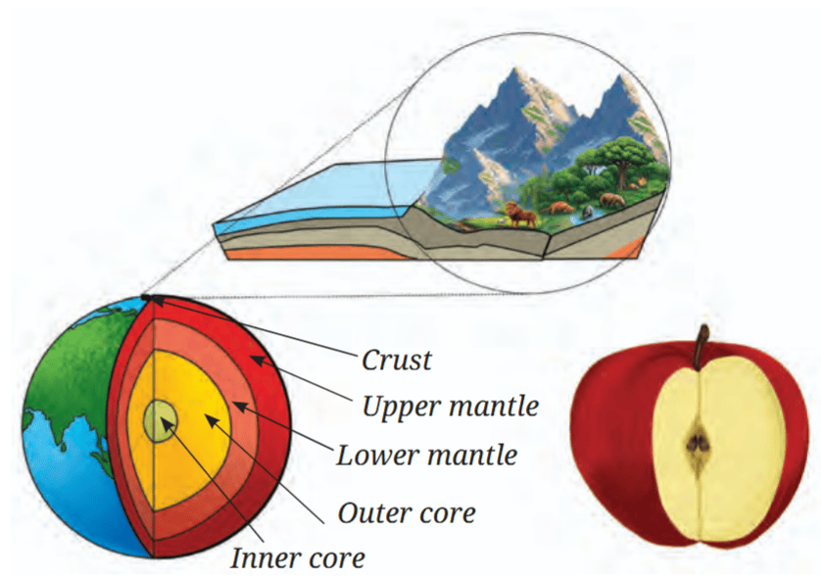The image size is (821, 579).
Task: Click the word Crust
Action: (397, 361)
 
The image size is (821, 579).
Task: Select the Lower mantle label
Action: (427, 455)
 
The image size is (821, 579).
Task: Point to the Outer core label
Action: (407, 512)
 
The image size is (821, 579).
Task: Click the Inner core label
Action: (298, 557)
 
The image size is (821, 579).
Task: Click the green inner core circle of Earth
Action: (161, 421)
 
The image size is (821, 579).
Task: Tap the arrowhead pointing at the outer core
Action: (210, 420)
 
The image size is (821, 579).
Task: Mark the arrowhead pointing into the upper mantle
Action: (258, 360)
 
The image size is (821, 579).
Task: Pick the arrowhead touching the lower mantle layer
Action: (238, 406)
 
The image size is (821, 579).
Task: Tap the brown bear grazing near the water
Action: (612, 200)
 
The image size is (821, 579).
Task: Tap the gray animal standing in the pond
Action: (588, 211)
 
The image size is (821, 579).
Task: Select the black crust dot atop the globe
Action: (147, 298)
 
